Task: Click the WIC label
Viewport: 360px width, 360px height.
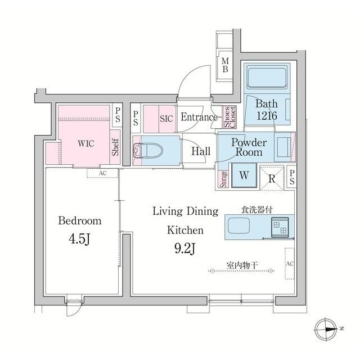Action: click(x=85, y=143)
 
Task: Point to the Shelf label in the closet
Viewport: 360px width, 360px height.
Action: click(x=115, y=148)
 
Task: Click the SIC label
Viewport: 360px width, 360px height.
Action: click(x=166, y=119)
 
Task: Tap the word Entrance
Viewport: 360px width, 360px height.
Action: click(x=199, y=118)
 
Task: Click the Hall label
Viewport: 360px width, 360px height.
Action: click(x=201, y=151)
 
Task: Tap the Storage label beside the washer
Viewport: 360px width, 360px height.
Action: click(x=223, y=178)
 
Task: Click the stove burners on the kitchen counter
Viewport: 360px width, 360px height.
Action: click(x=279, y=227)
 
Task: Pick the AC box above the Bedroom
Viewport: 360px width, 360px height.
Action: click(x=102, y=173)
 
